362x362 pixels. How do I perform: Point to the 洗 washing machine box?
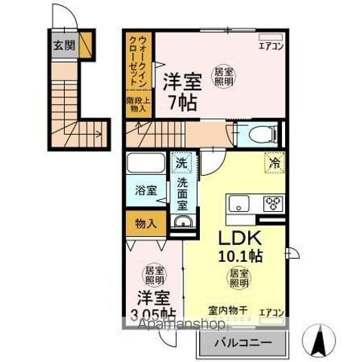pos(183,161)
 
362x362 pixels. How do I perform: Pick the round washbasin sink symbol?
pos(182,221)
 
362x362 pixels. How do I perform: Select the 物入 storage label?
pos(146,222)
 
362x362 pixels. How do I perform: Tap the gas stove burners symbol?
pos(273,202)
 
